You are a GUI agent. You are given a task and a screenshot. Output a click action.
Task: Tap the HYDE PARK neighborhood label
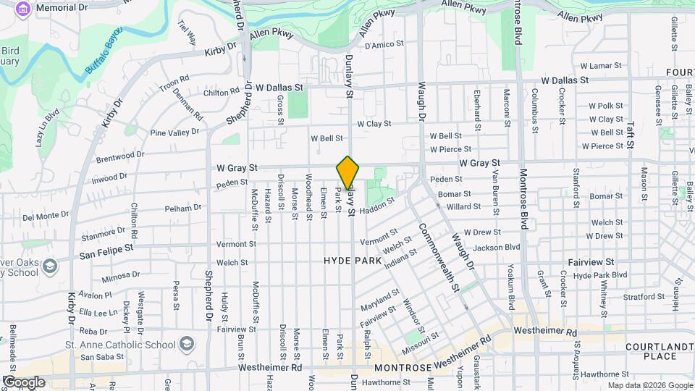tap(352, 259)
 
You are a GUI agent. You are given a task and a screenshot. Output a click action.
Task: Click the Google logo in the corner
tap(24, 382)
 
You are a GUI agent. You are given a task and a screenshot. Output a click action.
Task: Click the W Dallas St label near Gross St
tap(279, 87)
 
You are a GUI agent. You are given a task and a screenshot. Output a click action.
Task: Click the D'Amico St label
tap(383, 45)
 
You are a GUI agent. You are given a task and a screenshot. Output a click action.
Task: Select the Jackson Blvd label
tap(498, 247)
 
